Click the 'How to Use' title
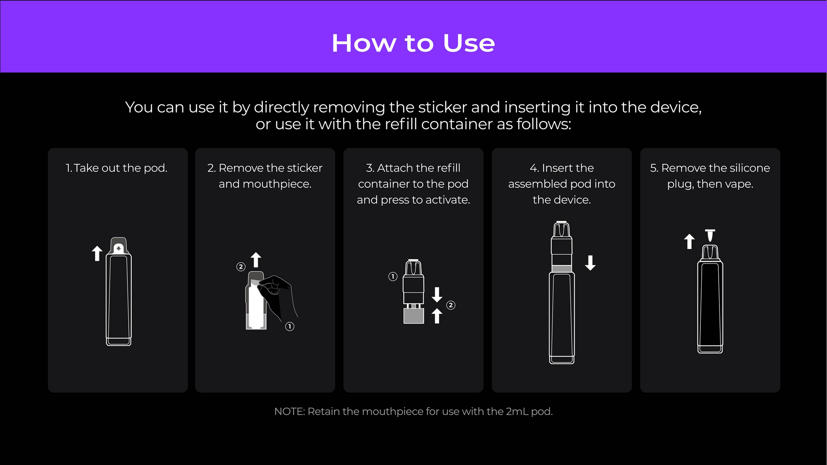click(x=413, y=43)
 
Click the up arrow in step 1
click(x=97, y=253)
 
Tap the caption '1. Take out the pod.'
click(x=116, y=168)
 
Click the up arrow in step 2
click(x=256, y=259)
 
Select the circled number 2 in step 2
click(x=241, y=267)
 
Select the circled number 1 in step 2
click(x=290, y=326)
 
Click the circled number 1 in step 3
click(x=393, y=276)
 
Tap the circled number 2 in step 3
click(x=451, y=305)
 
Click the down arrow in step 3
click(x=437, y=294)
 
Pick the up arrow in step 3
click(x=437, y=316)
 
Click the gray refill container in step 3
click(x=413, y=316)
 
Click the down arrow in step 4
click(x=590, y=263)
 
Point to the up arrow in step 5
click(x=689, y=241)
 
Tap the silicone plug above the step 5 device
click(x=710, y=235)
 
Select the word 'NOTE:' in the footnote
click(x=289, y=411)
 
